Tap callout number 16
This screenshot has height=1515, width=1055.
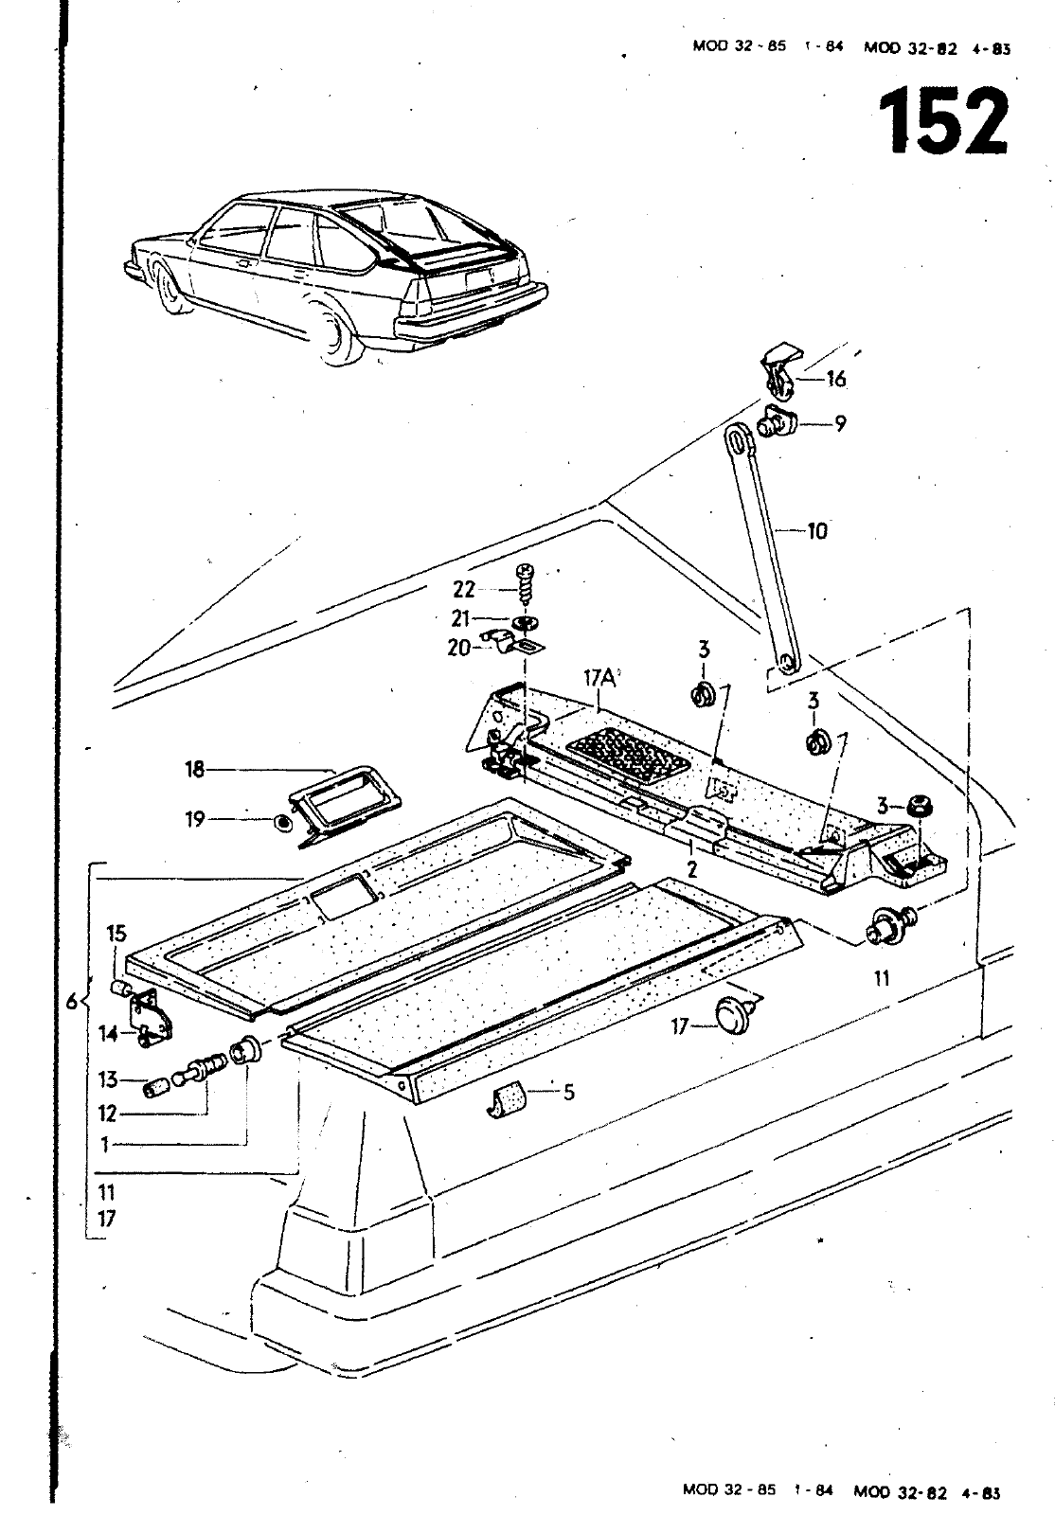pyautogui.click(x=836, y=379)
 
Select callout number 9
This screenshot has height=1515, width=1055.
pyautogui.click(x=840, y=424)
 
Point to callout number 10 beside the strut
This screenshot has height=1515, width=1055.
pyautogui.click(x=817, y=531)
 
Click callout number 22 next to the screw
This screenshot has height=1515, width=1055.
pyautogui.click(x=464, y=590)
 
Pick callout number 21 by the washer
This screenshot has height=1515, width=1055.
pyautogui.click(x=460, y=619)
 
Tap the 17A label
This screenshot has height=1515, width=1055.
pyautogui.click(x=600, y=678)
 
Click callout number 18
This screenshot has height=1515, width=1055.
pyautogui.click(x=195, y=769)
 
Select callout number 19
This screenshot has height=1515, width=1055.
pyautogui.click(x=195, y=820)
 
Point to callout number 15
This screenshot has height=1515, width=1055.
pyautogui.click(x=116, y=934)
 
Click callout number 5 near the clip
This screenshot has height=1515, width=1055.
pyautogui.click(x=569, y=1092)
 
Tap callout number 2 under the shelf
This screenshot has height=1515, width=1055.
pyautogui.click(x=691, y=869)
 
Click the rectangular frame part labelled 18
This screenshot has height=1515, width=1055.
pyautogui.click(x=345, y=807)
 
